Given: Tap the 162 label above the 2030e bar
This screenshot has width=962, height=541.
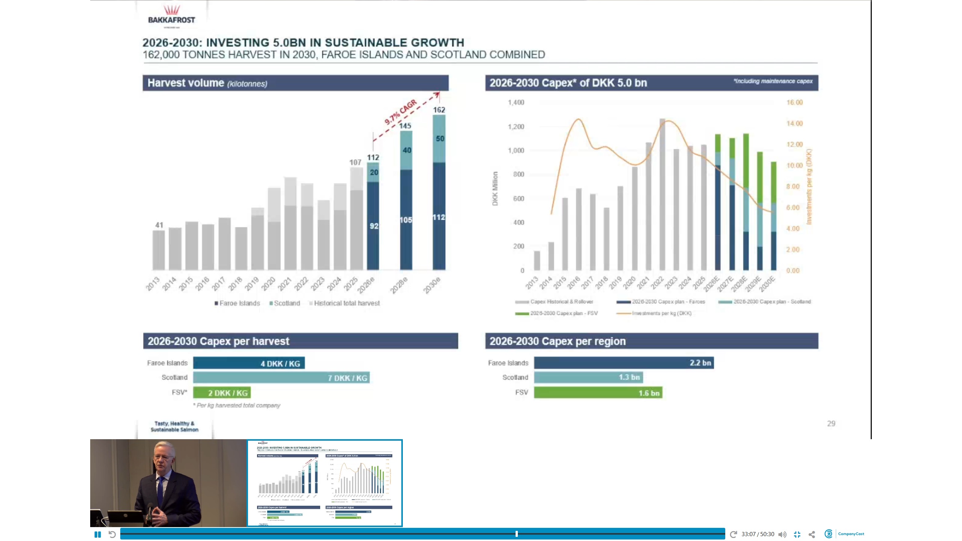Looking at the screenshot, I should [x=439, y=110].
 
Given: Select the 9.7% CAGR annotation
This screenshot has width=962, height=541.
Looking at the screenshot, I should [x=401, y=112].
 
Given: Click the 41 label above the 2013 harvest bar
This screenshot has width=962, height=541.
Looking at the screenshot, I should [x=159, y=225].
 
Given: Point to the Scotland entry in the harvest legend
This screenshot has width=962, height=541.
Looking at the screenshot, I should [x=284, y=303].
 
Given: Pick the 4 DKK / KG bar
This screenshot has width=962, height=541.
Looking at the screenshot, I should [x=249, y=363].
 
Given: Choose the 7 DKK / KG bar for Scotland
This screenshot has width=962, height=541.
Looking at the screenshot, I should [x=281, y=378].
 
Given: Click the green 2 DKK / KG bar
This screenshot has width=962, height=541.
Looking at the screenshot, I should [x=222, y=393].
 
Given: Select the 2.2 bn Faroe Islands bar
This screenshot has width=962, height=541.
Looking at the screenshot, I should [x=623, y=363].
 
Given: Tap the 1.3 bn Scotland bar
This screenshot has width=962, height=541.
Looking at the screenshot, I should [x=588, y=377].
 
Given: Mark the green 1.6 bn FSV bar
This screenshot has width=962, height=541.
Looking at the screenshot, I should [x=598, y=393].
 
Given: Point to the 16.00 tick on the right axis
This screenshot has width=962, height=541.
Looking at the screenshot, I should [x=794, y=103].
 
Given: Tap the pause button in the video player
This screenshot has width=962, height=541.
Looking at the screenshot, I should [x=98, y=534].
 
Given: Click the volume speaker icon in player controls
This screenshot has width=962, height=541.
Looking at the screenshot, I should [x=782, y=534].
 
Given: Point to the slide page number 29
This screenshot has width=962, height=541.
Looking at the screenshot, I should [x=831, y=424].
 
